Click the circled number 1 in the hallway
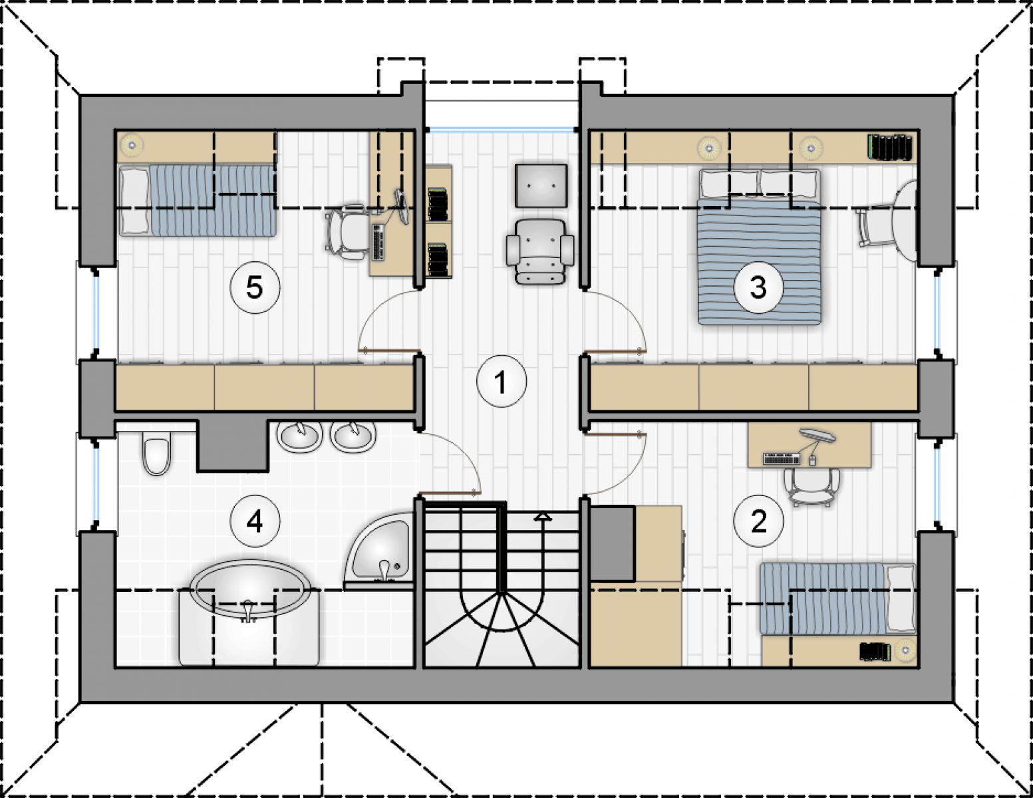[x=502, y=382]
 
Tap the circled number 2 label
[x=758, y=522]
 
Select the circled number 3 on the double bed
[x=758, y=287]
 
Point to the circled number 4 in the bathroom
[x=255, y=522]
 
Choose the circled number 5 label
[x=255, y=287]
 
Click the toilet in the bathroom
[x=156, y=453]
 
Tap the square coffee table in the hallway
[x=541, y=186]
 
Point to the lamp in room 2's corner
[x=904, y=650]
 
